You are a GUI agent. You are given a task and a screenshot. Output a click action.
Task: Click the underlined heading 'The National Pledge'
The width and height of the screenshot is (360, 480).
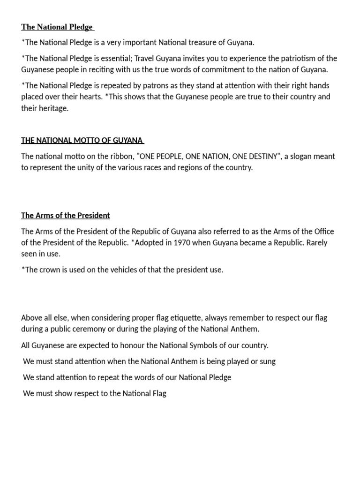pos(57,27)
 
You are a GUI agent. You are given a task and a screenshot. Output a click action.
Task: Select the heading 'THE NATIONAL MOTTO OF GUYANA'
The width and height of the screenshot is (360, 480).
pos(82,140)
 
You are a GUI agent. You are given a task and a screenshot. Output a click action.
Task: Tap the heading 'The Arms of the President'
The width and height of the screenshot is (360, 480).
pos(65,216)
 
